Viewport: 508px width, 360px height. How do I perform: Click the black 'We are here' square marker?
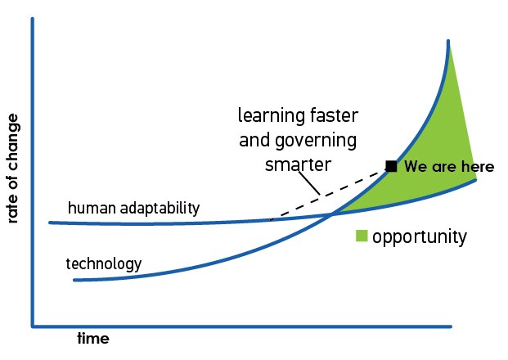(x=391, y=166)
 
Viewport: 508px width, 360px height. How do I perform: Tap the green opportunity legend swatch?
(x=362, y=236)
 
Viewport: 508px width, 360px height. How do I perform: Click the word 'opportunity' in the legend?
(x=420, y=237)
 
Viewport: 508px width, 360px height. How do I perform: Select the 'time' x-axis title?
(x=93, y=339)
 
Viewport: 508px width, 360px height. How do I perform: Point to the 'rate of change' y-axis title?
(x=12, y=169)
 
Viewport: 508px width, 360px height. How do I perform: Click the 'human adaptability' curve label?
(x=134, y=208)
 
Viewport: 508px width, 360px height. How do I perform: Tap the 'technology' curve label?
(x=104, y=263)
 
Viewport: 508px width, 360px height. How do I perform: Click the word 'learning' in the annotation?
(x=271, y=115)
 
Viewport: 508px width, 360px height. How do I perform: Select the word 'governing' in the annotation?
(x=316, y=141)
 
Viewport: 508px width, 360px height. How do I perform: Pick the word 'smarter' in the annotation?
(x=298, y=164)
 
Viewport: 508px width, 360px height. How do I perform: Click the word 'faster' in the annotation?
(x=334, y=115)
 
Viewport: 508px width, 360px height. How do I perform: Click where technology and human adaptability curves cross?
(x=332, y=214)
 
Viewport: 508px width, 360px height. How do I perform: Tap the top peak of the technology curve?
(x=448, y=41)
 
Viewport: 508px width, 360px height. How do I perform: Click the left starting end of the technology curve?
(x=74, y=280)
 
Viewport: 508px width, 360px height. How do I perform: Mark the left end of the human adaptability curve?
(x=50, y=223)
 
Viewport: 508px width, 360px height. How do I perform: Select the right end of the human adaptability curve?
(x=475, y=180)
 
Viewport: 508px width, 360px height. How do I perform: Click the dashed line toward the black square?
(x=328, y=195)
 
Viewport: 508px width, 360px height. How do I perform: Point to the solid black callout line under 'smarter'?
(x=308, y=182)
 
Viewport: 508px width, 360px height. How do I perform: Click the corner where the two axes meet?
(x=33, y=326)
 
